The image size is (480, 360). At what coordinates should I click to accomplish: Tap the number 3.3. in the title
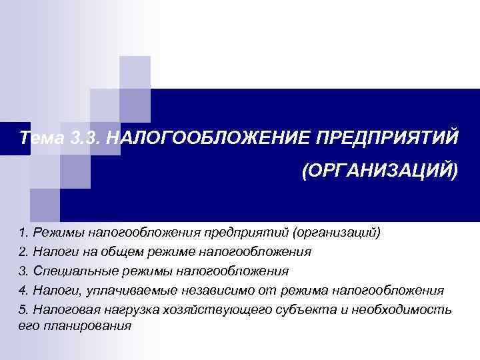click(x=86, y=138)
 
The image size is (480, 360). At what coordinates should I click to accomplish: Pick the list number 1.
click(x=23, y=233)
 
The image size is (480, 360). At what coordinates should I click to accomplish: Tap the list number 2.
click(x=23, y=252)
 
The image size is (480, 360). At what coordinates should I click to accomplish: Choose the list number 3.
click(x=23, y=271)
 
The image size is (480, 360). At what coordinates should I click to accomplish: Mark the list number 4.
click(x=23, y=291)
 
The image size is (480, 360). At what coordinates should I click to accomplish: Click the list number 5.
click(x=23, y=310)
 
